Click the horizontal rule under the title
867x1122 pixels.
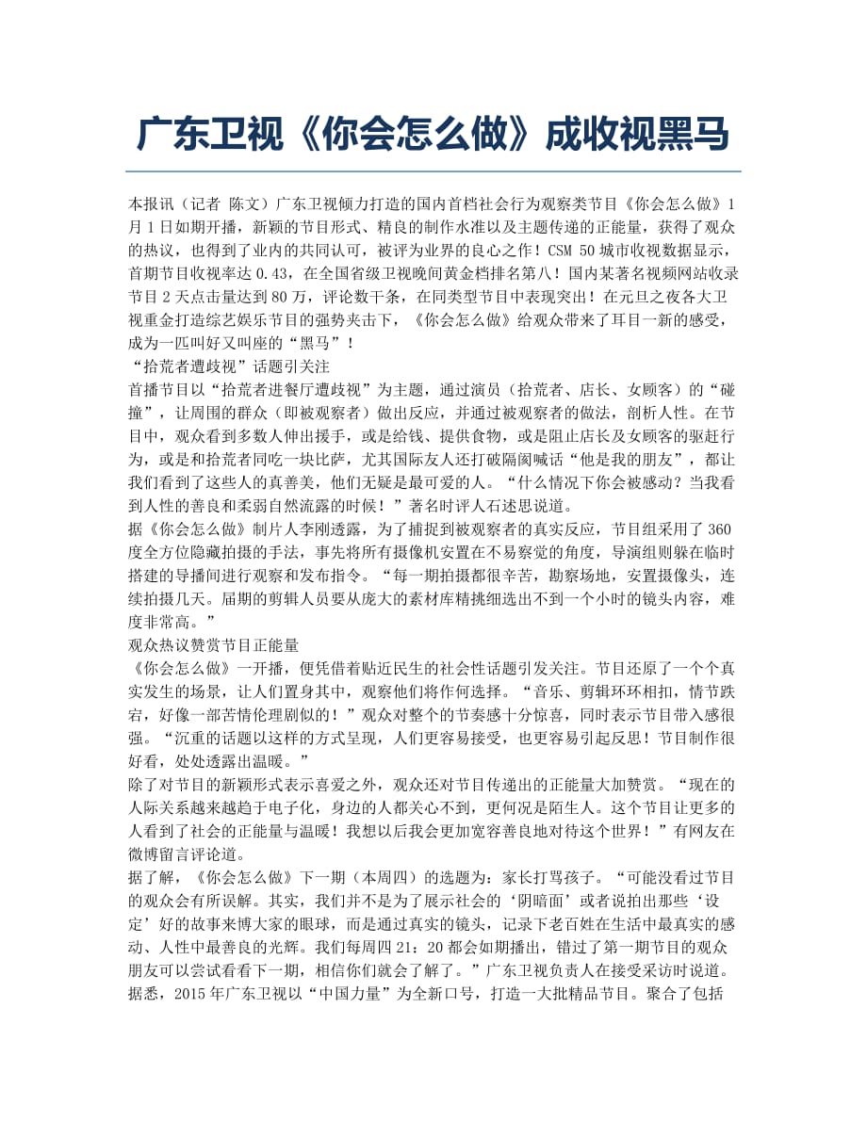433,171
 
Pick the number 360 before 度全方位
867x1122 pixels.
719,529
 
